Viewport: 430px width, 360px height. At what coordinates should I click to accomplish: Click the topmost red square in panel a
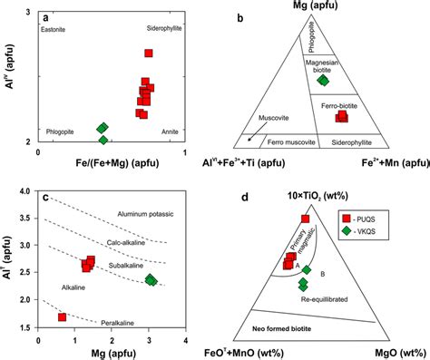[149, 54]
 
